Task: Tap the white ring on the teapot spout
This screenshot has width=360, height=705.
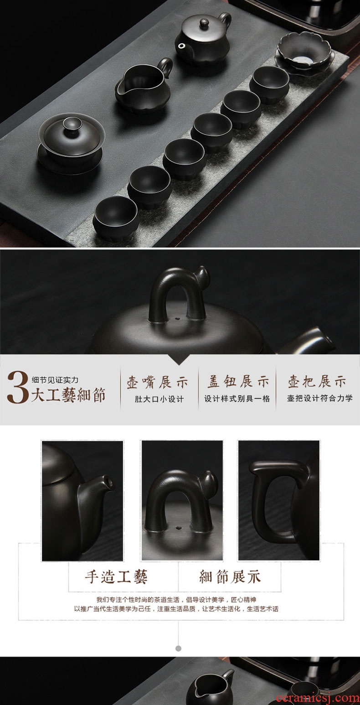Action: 181,47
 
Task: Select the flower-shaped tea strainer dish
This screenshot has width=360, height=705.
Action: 303,52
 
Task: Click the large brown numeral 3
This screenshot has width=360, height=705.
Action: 18,388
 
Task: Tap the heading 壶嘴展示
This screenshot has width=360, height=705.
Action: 158,382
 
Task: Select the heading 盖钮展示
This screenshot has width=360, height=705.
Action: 238,382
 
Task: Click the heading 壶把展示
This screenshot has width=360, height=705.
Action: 317,382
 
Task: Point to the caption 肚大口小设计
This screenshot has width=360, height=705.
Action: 159,399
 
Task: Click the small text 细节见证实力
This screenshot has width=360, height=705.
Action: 55,380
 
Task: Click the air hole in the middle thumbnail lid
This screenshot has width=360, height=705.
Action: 180,526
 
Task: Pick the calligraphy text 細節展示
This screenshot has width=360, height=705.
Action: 230,576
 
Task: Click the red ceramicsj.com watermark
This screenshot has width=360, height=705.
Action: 317,699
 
